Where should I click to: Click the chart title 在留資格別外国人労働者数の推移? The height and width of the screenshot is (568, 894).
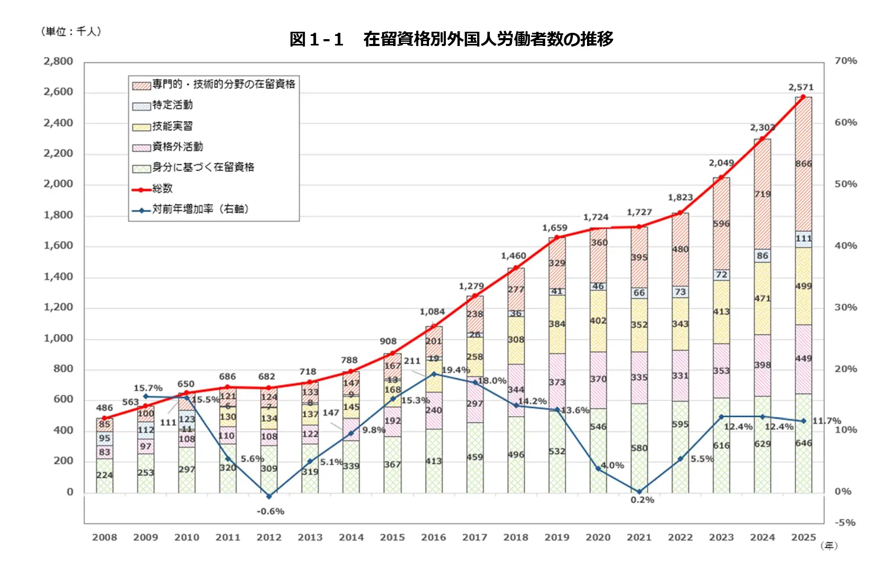tap(451, 39)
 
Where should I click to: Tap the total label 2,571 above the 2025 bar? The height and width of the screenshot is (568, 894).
tap(800, 87)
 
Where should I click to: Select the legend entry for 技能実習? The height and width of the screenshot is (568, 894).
tap(172, 126)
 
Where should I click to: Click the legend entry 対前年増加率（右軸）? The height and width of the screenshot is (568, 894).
tap(200, 209)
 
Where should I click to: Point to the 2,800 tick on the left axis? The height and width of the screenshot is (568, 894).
tap(58, 61)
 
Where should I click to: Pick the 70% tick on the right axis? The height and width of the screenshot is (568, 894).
tap(845, 61)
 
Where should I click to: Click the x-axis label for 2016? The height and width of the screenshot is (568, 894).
tap(433, 537)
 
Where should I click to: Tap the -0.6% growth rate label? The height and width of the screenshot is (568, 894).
tap(271, 511)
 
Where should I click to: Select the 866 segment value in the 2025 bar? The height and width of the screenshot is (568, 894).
tap(803, 163)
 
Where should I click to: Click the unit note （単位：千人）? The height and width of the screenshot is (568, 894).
tap(71, 32)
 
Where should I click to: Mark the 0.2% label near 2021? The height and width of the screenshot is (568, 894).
tap(642, 500)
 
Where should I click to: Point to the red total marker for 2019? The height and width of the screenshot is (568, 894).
tap(556, 237)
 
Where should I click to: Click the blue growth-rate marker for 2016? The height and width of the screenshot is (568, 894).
tap(434, 374)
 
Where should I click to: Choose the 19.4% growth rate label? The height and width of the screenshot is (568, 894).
tap(455, 370)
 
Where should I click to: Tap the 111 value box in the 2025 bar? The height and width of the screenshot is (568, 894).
tap(803, 239)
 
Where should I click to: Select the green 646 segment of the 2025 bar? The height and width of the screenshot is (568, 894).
tap(803, 443)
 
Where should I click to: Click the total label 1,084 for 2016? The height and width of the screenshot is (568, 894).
tap(432, 312)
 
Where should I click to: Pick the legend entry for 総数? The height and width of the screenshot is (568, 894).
tap(162, 188)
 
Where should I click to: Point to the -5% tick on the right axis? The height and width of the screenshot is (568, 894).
tap(845, 523)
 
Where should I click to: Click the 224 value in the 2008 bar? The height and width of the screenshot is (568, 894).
tap(104, 475)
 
